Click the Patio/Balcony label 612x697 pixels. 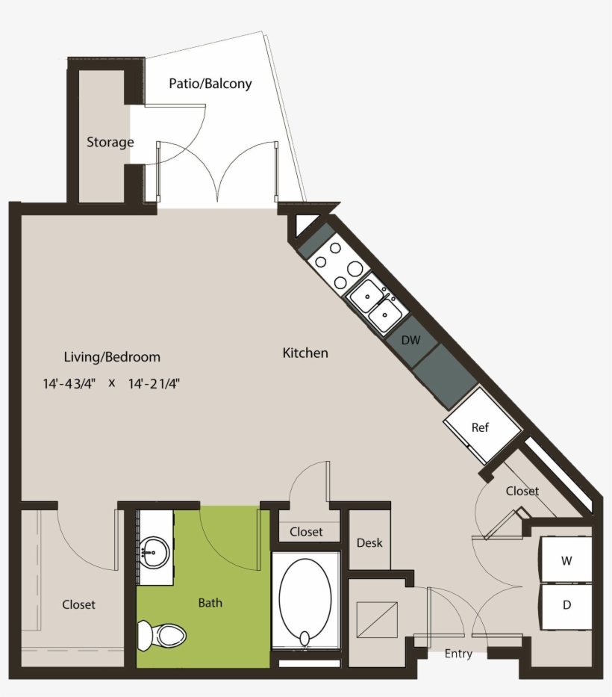pos(210,84)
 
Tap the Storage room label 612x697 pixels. pos(110,142)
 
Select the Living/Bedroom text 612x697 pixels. pos(112,356)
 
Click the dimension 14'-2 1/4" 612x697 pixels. pos(154,384)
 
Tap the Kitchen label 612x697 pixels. pos(305,353)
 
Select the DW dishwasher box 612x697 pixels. pos(411,340)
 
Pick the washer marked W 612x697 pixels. pos(566,560)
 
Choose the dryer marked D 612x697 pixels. pos(566,605)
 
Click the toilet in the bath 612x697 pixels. pos(162,636)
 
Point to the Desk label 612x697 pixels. pos(369,542)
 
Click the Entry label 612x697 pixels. pos(458,654)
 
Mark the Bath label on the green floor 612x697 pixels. pos(210,602)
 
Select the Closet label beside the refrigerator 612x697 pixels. pos(522,491)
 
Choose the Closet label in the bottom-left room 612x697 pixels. pos(78,604)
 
